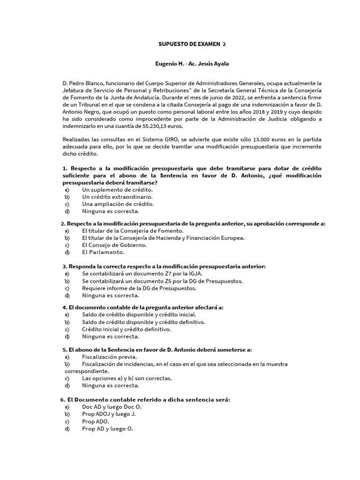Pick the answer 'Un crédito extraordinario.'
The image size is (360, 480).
click(x=117, y=197)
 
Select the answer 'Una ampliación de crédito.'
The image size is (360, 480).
click(x=118, y=204)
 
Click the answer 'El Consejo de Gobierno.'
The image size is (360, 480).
click(x=114, y=245)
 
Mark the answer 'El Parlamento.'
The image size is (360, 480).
click(x=103, y=252)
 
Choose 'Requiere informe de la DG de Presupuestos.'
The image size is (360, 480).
click(x=139, y=288)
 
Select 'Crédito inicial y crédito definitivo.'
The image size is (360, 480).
click(x=127, y=329)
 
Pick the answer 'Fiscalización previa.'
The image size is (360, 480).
click(x=109, y=357)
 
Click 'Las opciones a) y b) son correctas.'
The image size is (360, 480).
click(x=127, y=378)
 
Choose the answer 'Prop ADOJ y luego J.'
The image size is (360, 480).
click(x=109, y=414)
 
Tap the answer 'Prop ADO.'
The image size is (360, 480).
click(x=96, y=421)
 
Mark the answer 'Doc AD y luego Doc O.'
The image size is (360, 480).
click(x=112, y=407)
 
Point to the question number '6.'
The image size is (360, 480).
click(x=63, y=399)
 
